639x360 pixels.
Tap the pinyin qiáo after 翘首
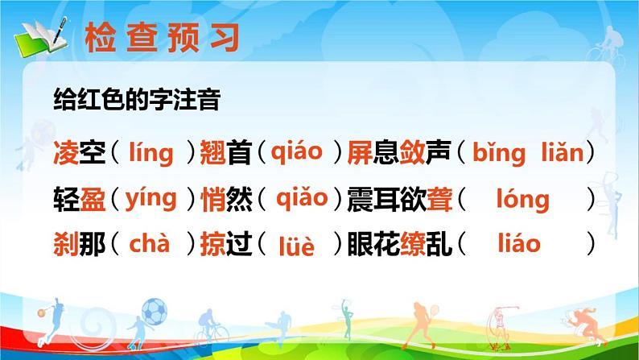(295, 151)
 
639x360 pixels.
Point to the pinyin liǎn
(558, 153)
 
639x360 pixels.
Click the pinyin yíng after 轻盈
(150, 199)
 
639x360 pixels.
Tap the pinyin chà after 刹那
(149, 242)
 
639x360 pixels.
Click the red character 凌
(65, 154)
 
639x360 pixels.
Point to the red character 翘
(212, 154)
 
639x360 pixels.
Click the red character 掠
(212, 244)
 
